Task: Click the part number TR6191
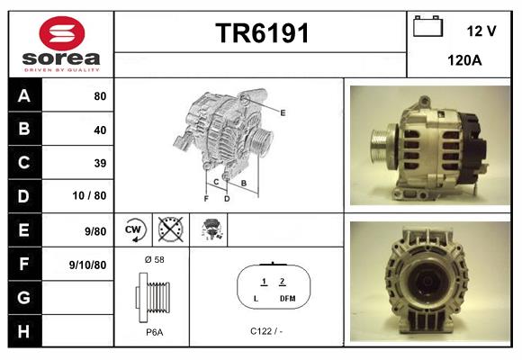(x=262, y=34)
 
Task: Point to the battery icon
(x=427, y=28)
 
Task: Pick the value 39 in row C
(x=100, y=163)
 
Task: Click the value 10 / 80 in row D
(x=93, y=196)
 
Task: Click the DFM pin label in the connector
(x=287, y=298)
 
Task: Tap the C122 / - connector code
(x=267, y=330)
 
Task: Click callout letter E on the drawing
(x=283, y=112)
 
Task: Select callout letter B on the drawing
(x=243, y=183)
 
